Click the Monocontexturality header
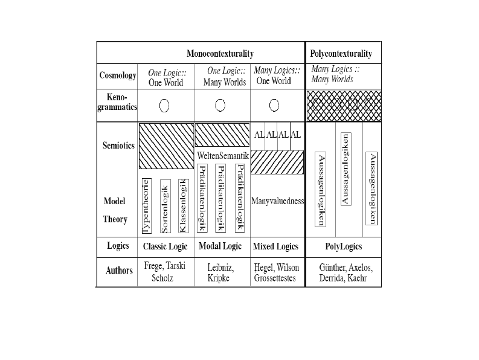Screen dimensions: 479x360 [220, 54]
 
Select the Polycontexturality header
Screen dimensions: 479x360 [341, 54]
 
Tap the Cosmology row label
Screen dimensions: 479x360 [118, 75]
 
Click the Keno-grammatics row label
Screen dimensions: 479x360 [117, 102]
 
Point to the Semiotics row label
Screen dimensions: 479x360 [118, 145]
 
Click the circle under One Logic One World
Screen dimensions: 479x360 [164, 106]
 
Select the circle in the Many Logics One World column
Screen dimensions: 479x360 [274, 106]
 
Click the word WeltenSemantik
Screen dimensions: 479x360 [223, 156]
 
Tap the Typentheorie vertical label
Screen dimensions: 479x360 [147, 206]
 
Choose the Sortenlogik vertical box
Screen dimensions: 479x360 [166, 207]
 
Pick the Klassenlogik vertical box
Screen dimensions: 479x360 [184, 206]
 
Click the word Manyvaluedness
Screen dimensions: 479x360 [277, 201]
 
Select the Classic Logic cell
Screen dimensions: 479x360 [166, 246]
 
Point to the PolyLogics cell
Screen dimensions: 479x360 [343, 246]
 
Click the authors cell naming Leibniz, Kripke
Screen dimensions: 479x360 [220, 272]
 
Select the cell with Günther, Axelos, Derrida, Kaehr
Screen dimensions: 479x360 [346, 272]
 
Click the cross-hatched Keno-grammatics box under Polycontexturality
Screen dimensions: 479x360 [344, 106]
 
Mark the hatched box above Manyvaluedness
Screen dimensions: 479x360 [277, 162]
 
